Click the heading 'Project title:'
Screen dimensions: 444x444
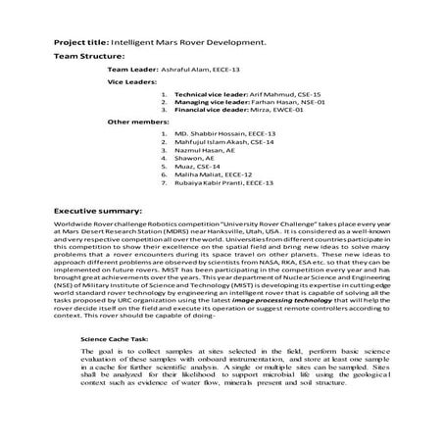tap(80, 44)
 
